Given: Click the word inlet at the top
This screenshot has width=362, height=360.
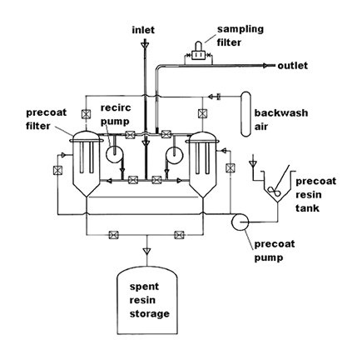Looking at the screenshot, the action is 143,30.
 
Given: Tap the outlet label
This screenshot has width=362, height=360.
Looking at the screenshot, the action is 293,66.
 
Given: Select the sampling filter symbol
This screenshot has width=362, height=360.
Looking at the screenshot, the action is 198,52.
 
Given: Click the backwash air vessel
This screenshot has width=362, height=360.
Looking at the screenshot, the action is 245,113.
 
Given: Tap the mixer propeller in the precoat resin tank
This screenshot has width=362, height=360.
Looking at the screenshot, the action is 273,191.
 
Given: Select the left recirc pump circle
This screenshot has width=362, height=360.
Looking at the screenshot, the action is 114,154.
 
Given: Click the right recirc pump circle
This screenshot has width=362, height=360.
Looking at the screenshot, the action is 174,154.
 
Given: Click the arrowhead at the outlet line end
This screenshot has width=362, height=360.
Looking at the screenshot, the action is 266,66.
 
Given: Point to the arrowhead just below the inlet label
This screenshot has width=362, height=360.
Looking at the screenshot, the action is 145,44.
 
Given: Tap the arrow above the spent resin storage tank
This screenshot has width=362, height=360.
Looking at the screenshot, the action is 146,252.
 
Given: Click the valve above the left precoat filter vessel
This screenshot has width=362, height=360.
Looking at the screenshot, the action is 86,114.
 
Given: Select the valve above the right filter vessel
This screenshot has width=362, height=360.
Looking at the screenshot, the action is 202,113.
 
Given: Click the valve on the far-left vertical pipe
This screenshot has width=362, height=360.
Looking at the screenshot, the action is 57,170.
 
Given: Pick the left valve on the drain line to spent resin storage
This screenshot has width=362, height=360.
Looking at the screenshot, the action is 113,235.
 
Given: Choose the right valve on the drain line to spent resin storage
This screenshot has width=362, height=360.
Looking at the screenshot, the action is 179,235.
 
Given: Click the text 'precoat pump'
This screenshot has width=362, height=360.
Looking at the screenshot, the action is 275,251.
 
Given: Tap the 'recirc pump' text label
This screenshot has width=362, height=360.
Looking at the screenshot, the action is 115,114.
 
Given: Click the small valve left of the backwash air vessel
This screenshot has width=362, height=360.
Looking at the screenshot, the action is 219,97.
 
